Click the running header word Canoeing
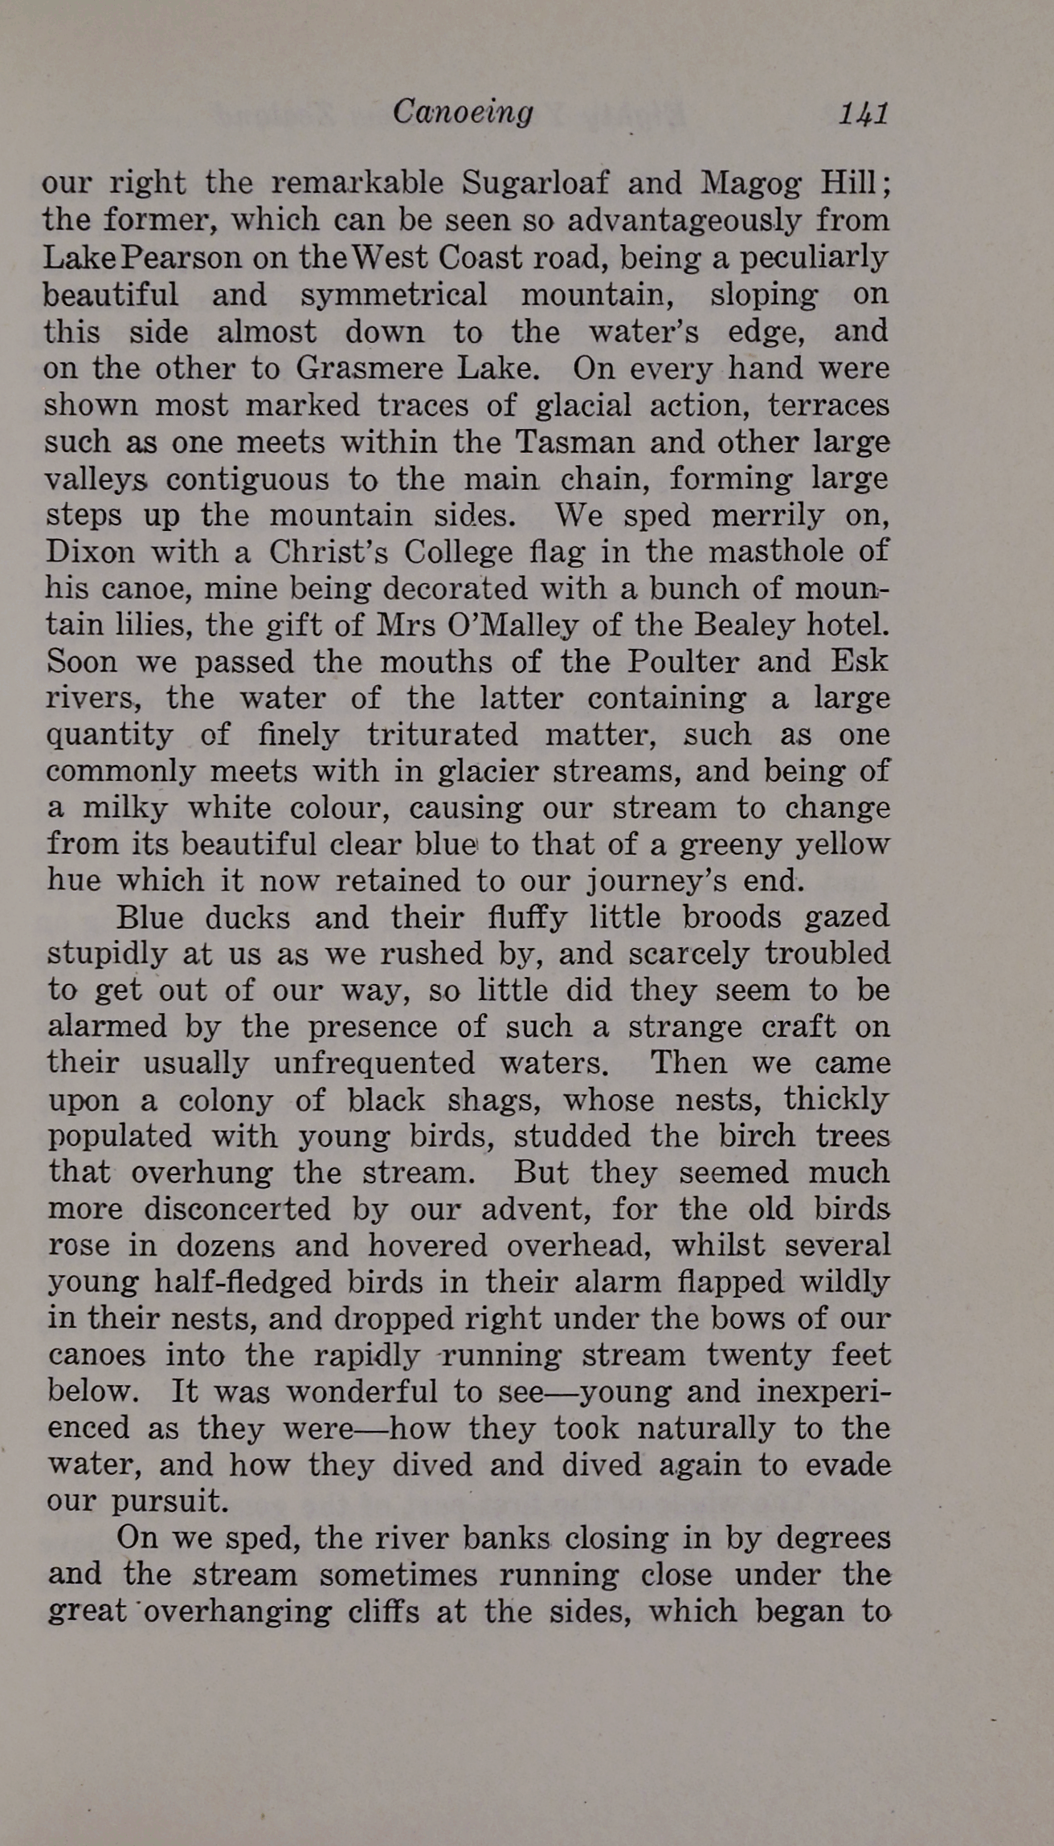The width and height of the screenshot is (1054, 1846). click(463, 112)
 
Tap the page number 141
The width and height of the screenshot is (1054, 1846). click(864, 113)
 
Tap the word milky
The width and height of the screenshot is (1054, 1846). click(125, 807)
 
